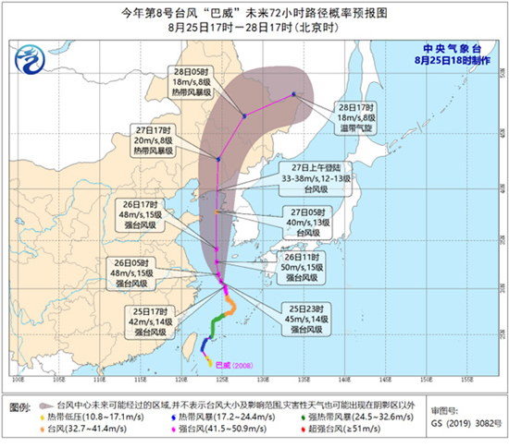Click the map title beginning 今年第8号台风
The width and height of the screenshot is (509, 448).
(254, 12)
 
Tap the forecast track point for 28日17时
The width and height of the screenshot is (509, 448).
(293, 93)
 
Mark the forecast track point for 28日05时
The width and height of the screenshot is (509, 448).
(244, 115)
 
